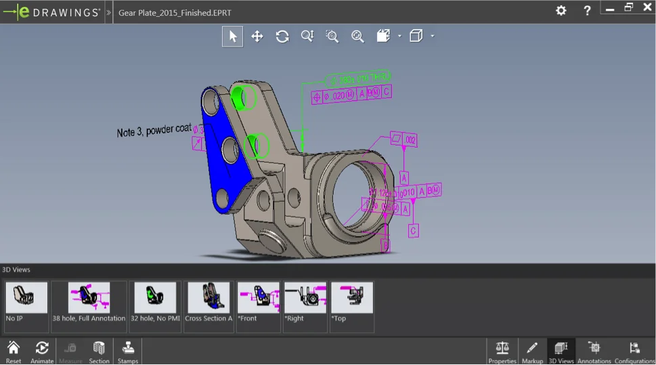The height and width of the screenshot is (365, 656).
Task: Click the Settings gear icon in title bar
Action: click(561, 10)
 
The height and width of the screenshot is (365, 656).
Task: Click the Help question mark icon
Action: click(587, 10)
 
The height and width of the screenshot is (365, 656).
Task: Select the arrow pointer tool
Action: click(232, 37)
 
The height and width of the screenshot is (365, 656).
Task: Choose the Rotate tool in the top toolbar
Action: click(282, 37)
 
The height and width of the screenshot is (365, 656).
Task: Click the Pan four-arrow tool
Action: click(257, 37)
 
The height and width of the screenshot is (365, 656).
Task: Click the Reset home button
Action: click(14, 351)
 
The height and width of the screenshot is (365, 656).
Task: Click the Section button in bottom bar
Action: click(99, 351)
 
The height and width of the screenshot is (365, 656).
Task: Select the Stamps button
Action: click(127, 351)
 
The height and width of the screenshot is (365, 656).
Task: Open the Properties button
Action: click(502, 351)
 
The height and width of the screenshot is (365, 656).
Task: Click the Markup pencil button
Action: click(532, 351)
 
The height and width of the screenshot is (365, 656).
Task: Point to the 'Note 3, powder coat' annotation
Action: click(154, 130)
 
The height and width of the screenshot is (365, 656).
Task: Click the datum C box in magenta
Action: click(413, 231)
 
